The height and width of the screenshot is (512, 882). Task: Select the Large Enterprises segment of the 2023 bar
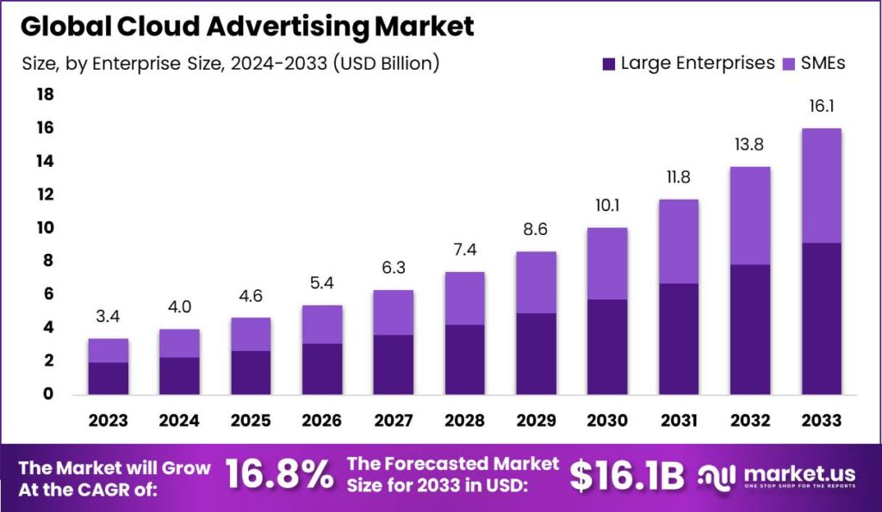pos(108,378)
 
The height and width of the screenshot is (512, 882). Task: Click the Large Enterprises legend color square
pos(609,63)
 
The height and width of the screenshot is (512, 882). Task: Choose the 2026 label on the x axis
pos(322,421)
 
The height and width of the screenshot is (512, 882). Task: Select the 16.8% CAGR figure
pos(279,475)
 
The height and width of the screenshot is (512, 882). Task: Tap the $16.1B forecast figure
pos(627,475)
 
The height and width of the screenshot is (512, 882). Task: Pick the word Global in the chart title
pos(60,26)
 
